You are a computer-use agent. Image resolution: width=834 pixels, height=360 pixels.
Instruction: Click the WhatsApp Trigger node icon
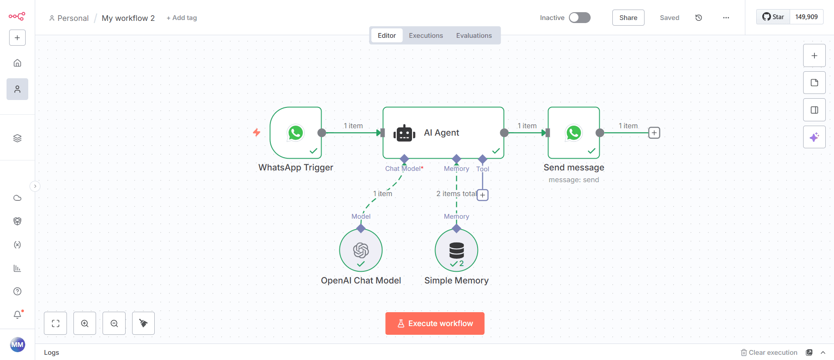[296, 133]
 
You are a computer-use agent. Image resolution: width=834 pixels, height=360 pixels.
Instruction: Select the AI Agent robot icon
[404, 133]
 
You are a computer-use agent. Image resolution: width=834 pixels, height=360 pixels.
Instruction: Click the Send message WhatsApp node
[574, 133]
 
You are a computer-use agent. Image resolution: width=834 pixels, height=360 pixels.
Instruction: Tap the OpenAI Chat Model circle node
[361, 250]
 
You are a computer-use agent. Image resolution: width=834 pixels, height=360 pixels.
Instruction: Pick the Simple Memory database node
[456, 250]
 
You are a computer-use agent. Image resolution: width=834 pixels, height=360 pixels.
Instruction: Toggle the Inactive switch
[580, 17]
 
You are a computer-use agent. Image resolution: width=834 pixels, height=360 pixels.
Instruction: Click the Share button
[628, 17]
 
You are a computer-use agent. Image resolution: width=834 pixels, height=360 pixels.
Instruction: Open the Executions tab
[425, 36]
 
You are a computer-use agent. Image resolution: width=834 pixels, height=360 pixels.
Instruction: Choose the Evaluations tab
[474, 36]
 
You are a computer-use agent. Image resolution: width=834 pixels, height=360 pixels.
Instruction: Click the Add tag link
[182, 18]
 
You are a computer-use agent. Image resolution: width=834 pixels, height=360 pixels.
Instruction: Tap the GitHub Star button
[773, 17]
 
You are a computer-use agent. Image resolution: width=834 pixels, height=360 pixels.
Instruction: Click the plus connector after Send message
[654, 133]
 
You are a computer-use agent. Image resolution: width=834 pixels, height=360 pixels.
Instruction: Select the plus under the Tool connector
[482, 195]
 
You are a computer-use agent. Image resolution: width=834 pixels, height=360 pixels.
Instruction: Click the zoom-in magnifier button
[85, 323]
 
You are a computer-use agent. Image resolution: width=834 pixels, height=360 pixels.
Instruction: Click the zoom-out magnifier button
[114, 323]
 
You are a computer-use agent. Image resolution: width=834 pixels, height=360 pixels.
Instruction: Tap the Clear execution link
[769, 352]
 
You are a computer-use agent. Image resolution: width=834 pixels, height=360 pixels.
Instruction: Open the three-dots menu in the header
[726, 18]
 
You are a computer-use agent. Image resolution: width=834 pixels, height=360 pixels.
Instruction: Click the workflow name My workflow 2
[128, 18]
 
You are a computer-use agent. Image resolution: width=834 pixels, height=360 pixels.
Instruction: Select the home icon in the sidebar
[17, 63]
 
